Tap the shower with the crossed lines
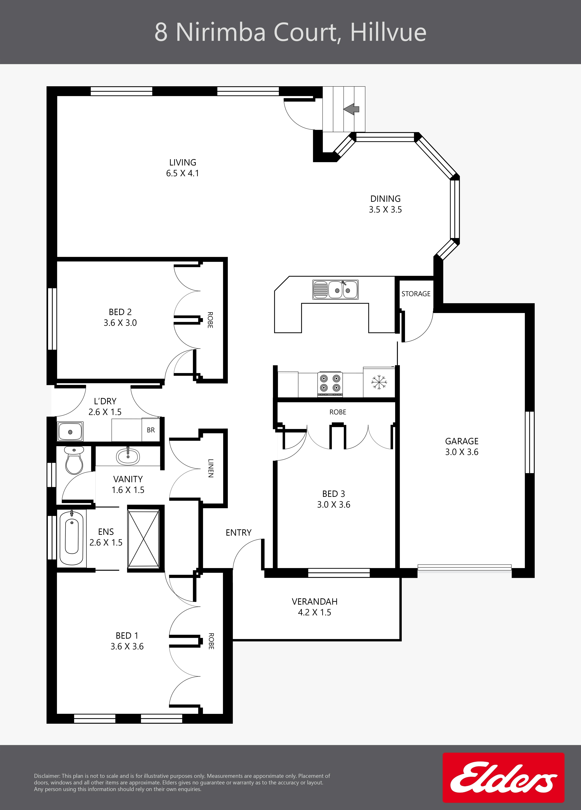[144, 539]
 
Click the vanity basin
[128, 456]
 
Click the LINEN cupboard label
[211, 468]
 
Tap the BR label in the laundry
[151, 430]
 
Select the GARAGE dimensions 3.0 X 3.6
[462, 452]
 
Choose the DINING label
[385, 199]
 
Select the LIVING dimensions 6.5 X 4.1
[183, 173]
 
